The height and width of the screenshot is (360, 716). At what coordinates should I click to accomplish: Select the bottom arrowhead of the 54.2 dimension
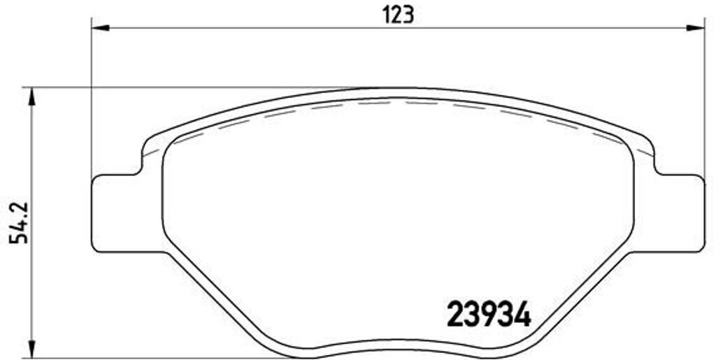(30, 347)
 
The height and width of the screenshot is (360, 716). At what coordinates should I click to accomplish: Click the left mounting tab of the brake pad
(115, 213)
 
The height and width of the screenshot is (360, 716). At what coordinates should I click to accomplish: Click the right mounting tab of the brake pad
(682, 213)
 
